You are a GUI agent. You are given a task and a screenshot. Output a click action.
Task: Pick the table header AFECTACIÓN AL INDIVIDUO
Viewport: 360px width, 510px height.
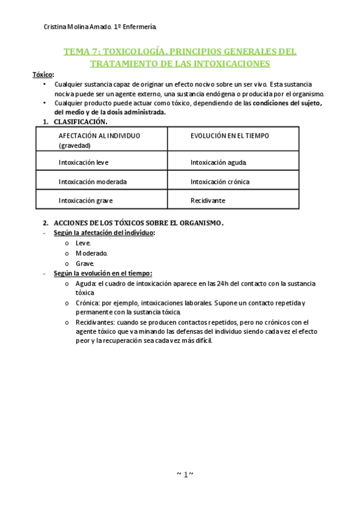pos(99,136)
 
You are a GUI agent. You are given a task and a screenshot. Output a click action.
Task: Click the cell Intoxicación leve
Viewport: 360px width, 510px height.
pos(84,162)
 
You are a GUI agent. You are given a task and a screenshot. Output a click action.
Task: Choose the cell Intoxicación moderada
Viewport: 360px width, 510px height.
pos(93,182)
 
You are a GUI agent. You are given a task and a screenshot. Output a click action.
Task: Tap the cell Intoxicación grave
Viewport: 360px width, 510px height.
pos(85,201)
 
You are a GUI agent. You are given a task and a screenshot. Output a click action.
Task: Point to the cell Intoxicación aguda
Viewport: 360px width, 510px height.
pos(218,162)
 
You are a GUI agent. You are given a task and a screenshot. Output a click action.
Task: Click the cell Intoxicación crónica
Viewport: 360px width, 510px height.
pos(220,182)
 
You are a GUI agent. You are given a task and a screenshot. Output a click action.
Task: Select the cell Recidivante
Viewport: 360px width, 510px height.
pos(208,201)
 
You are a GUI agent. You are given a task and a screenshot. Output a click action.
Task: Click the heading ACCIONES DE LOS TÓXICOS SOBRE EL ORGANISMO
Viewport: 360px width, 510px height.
pos(139,223)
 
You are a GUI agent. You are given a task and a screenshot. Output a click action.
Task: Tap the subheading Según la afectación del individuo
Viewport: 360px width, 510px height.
pos(103,233)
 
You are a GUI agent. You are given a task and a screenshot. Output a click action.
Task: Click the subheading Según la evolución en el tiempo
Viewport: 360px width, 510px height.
pos(102,273)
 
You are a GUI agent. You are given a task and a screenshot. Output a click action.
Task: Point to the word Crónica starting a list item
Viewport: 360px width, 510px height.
pos(88,303)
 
